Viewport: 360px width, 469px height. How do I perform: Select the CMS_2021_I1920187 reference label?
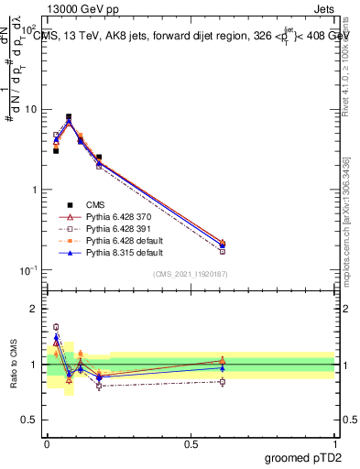[x=191, y=273]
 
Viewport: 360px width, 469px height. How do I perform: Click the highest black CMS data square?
[x=69, y=117]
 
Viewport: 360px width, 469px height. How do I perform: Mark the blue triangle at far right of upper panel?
[x=223, y=245]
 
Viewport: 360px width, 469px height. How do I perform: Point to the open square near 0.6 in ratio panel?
[x=223, y=381]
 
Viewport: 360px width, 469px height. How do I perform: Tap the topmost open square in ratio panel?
[x=56, y=327]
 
